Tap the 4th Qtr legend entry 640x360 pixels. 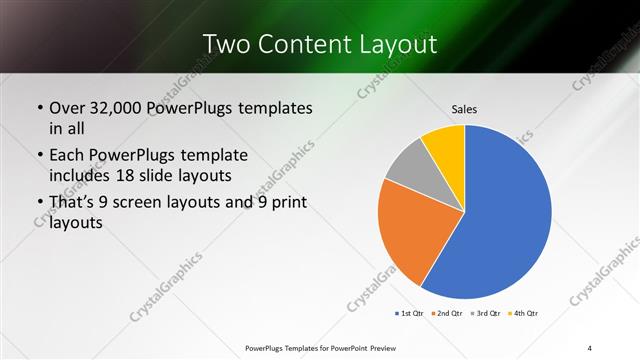[523, 315]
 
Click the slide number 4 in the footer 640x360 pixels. [589, 347]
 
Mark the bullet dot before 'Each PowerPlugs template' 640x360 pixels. [38, 156]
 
